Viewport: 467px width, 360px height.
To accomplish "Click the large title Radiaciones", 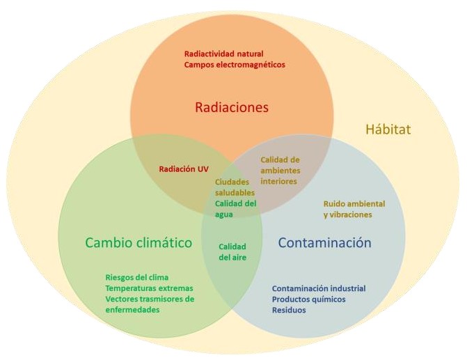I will click(231, 107).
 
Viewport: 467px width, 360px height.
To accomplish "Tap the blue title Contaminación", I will click(324, 243).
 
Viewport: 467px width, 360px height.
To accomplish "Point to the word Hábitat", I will click(388, 129).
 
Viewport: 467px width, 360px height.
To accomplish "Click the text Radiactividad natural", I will click(223, 54).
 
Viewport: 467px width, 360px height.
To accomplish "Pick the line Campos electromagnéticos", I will click(235, 65).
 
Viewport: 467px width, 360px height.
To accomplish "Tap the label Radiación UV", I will click(183, 169).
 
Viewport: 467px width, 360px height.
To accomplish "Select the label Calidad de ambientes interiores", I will click(280, 170).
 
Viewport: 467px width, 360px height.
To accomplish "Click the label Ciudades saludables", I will click(235, 187).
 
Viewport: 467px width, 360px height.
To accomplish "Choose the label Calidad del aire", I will click(232, 251).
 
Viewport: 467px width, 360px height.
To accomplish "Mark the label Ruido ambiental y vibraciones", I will click(354, 209).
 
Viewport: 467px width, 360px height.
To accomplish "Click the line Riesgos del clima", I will click(136, 277).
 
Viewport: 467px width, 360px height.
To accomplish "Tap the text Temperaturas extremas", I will click(149, 288).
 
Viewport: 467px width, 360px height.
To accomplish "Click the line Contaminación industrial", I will click(318, 288).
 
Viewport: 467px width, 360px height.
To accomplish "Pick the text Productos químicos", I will click(308, 299).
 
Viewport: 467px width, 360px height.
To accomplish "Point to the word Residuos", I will click(288, 310).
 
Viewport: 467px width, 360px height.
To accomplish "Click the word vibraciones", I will click(351, 214).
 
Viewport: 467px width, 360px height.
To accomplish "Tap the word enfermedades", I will click(132, 309).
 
